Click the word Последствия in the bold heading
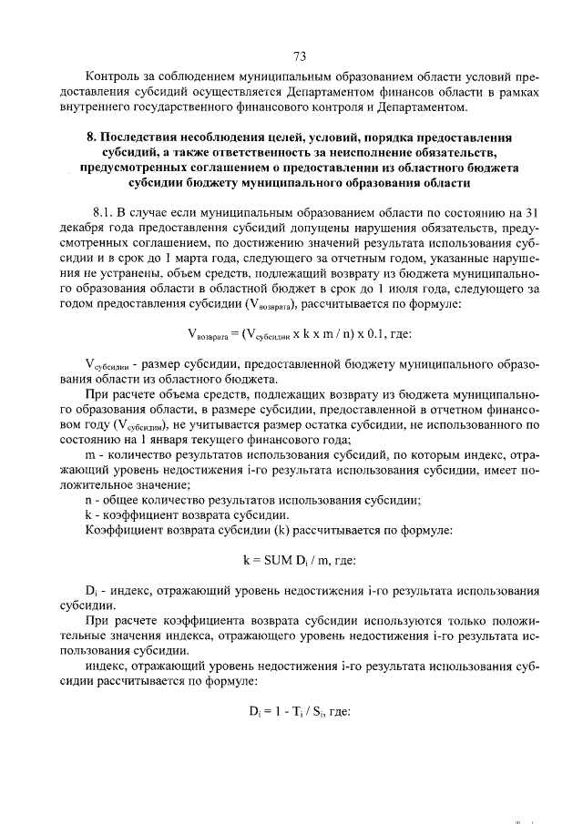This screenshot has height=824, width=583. point(141,137)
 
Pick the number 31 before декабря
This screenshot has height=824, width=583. point(533,211)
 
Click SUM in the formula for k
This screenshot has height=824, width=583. point(275,560)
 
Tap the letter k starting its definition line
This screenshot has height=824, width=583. point(88,516)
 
